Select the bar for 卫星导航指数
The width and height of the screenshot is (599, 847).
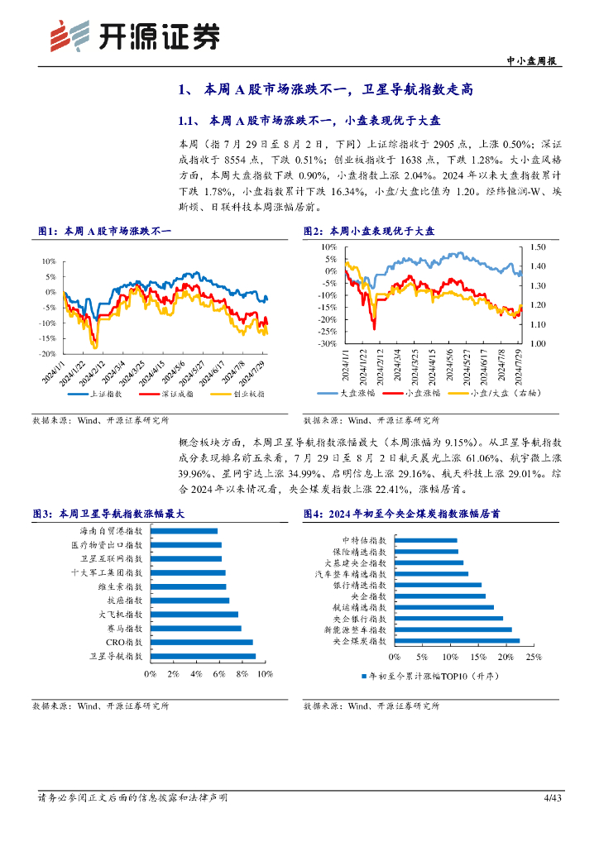(203, 656)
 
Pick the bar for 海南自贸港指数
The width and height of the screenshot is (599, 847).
(184, 531)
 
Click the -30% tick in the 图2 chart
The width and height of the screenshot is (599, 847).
(327, 343)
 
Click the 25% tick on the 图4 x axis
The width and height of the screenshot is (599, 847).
(534, 658)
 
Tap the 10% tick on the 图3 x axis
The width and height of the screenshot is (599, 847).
(265, 675)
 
